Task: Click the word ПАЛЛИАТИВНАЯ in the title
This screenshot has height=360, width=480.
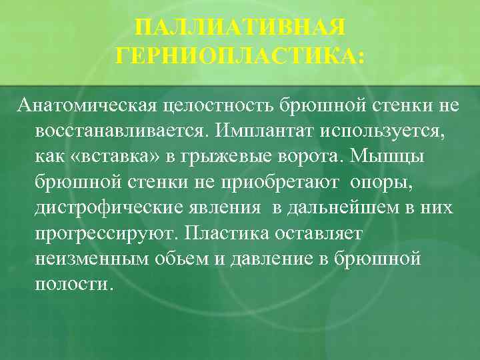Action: [x=240, y=29]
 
